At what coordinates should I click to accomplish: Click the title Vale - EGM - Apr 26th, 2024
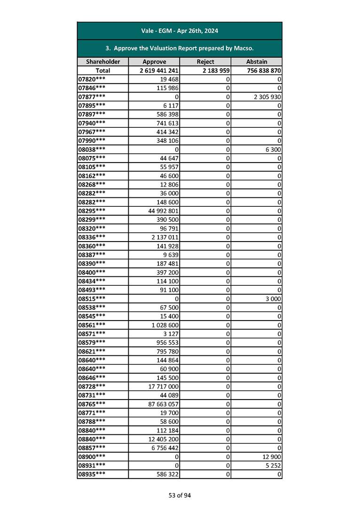[180, 31]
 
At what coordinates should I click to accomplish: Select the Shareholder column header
[103, 62]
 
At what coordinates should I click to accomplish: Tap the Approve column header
[154, 62]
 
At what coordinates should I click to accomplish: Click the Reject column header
[205, 62]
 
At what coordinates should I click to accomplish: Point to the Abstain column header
[257, 62]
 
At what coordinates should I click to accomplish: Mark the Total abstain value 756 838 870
[264, 70]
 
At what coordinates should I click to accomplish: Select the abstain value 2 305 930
[267, 96]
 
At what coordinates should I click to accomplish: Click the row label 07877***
[92, 96]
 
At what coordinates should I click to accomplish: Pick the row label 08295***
[92, 211]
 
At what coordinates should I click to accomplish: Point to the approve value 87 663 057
[163, 404]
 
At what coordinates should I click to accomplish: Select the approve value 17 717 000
[163, 386]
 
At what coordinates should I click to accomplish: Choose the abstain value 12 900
[271, 456]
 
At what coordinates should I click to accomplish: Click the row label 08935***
[92, 474]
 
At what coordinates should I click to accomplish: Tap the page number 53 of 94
[180, 495]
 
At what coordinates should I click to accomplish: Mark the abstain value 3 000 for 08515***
[273, 298]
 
